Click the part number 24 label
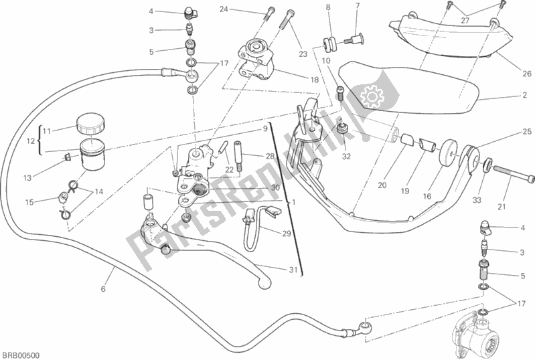pyautogui.click(x=223, y=9)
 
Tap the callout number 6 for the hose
pyautogui.click(x=103, y=289)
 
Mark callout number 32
pyautogui.click(x=346, y=158)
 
